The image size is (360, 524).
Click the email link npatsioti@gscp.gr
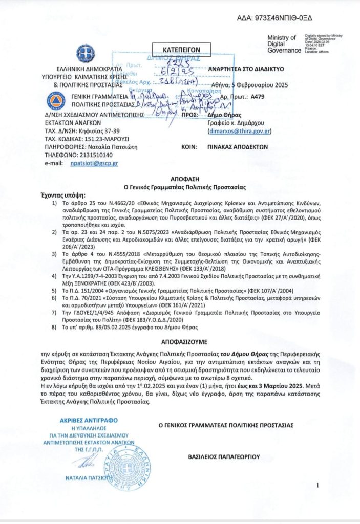tap(90, 163)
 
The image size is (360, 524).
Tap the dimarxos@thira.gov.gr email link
tap(240, 131)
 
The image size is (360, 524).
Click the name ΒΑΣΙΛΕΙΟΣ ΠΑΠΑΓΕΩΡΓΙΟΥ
tap(224, 455)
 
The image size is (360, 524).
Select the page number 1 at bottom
tap(318, 486)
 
